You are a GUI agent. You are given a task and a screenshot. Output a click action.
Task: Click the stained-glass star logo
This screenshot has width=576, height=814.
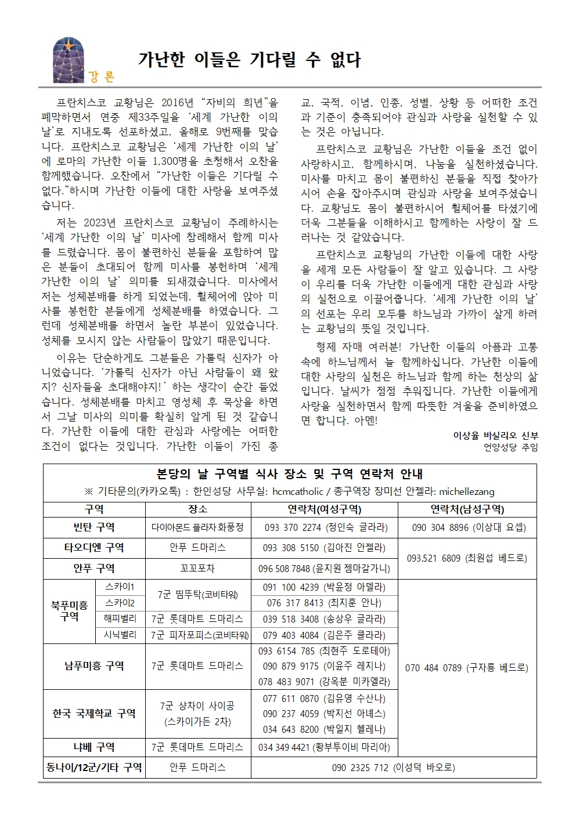tap(67, 60)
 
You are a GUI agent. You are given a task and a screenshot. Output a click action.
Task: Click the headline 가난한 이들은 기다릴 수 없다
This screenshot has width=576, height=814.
tap(249, 59)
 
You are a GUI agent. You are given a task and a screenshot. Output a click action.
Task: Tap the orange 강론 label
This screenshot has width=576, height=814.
tap(102, 77)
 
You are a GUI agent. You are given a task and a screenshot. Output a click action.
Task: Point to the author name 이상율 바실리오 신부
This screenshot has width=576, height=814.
tap(495, 435)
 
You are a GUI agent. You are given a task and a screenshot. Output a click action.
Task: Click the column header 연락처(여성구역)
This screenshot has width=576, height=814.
tap(324, 509)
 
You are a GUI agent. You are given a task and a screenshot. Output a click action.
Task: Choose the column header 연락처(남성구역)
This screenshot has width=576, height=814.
tap(467, 509)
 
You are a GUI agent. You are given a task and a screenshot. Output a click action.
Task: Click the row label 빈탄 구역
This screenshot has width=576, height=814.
tap(94, 527)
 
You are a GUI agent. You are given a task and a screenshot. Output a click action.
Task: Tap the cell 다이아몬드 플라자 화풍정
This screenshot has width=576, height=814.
tap(197, 527)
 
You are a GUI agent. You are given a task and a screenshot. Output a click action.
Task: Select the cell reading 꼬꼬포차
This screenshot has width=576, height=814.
tap(197, 569)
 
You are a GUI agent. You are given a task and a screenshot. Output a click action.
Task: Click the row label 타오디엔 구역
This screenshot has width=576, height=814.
tap(94, 548)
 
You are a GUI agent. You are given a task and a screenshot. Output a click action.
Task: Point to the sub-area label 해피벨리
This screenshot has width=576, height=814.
tap(120, 618)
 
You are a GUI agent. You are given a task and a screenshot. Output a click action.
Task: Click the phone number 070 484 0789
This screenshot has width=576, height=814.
tap(433, 668)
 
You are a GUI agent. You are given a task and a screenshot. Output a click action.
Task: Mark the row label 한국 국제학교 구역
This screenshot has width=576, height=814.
tap(94, 714)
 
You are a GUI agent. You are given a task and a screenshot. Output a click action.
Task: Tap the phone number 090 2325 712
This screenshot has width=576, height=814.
tap(360, 768)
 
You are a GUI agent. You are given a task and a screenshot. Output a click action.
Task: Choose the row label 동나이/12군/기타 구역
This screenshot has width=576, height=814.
tap(94, 768)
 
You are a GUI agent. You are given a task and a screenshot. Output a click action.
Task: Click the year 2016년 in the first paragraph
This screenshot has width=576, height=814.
tap(177, 103)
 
